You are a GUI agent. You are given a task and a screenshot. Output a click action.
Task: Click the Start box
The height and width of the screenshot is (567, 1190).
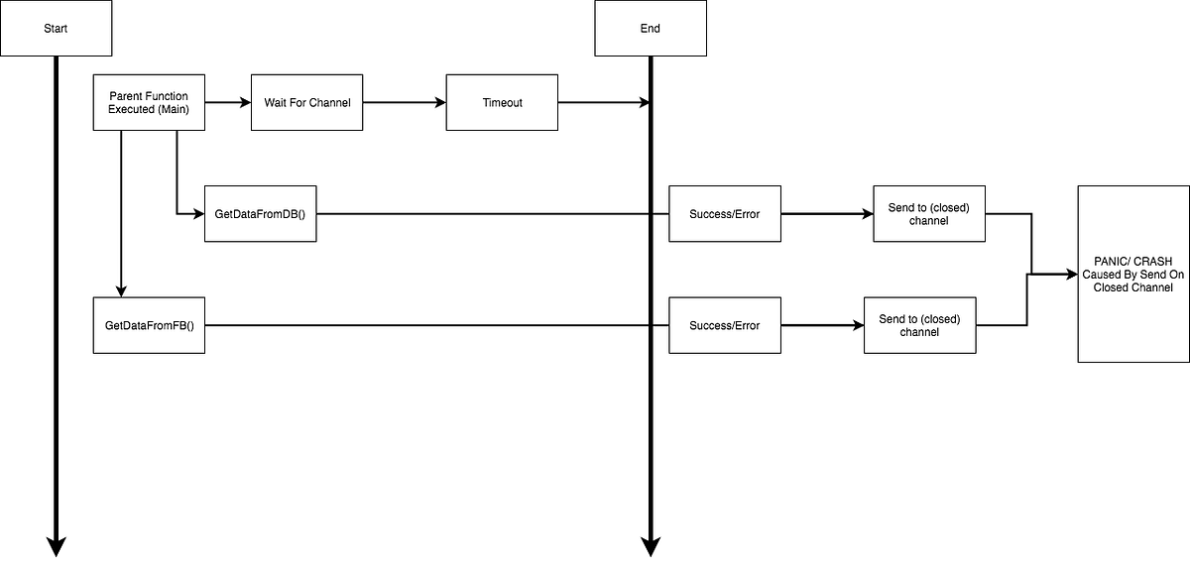pyautogui.click(x=56, y=28)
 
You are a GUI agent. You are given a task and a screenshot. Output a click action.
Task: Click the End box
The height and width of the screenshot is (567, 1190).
pyautogui.click(x=651, y=28)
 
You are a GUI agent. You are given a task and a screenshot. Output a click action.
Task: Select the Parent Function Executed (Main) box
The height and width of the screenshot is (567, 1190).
pyautogui.click(x=149, y=102)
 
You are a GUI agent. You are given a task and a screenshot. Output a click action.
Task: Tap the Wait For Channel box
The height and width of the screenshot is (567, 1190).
pyautogui.click(x=307, y=102)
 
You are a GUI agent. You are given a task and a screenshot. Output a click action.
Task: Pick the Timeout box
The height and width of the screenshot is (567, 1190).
pyautogui.click(x=502, y=102)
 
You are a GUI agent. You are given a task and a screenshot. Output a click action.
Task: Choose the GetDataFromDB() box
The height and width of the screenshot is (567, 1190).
pyautogui.click(x=260, y=213)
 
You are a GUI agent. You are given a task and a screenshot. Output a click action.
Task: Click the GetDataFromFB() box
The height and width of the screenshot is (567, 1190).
pyautogui.click(x=149, y=325)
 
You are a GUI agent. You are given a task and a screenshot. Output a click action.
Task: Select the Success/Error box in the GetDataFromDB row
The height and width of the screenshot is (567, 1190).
pyautogui.click(x=725, y=213)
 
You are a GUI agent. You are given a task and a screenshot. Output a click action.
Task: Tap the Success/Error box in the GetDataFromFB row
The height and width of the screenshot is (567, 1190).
pyautogui.click(x=725, y=325)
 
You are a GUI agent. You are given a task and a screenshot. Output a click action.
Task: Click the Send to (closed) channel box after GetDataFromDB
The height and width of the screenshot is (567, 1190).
pyautogui.click(x=929, y=213)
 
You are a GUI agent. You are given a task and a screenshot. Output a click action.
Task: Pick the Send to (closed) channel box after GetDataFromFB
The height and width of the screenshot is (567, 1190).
pyautogui.click(x=920, y=325)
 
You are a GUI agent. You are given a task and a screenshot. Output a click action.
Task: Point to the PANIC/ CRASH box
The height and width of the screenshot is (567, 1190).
pyautogui.click(x=1133, y=274)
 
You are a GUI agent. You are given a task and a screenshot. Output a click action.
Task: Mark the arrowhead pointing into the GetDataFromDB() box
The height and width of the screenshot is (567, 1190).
pyautogui.click(x=197, y=213)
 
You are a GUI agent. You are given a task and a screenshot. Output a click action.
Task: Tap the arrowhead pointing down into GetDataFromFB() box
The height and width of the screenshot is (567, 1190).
pyautogui.click(x=121, y=291)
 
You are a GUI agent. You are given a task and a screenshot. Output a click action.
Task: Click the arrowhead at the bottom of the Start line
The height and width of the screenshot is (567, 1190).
pyautogui.click(x=56, y=546)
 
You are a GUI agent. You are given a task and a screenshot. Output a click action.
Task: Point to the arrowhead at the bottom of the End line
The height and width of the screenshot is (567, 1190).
pyautogui.click(x=651, y=546)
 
